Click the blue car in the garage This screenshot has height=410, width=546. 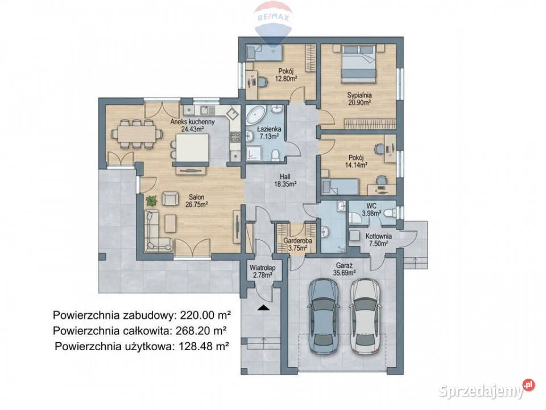pyautogui.click(x=323, y=315)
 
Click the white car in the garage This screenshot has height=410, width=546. pyautogui.click(x=365, y=315)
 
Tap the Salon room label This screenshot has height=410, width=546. pyautogui.click(x=196, y=197)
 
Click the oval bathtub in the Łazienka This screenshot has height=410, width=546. pyautogui.click(x=255, y=116)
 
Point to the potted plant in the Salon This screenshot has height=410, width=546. pyautogui.click(x=151, y=200)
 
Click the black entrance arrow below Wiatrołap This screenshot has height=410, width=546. pyautogui.click(x=263, y=307)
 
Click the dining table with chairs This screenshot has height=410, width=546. pyautogui.click(x=136, y=134)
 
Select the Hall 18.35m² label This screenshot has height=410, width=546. pyautogui.click(x=285, y=181)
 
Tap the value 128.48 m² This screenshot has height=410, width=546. pyautogui.click(x=204, y=346)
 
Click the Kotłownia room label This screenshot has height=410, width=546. pyautogui.click(x=379, y=236)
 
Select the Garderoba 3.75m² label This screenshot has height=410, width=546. pyautogui.click(x=297, y=244)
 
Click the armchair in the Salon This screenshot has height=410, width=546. pyautogui.click(x=169, y=198)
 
